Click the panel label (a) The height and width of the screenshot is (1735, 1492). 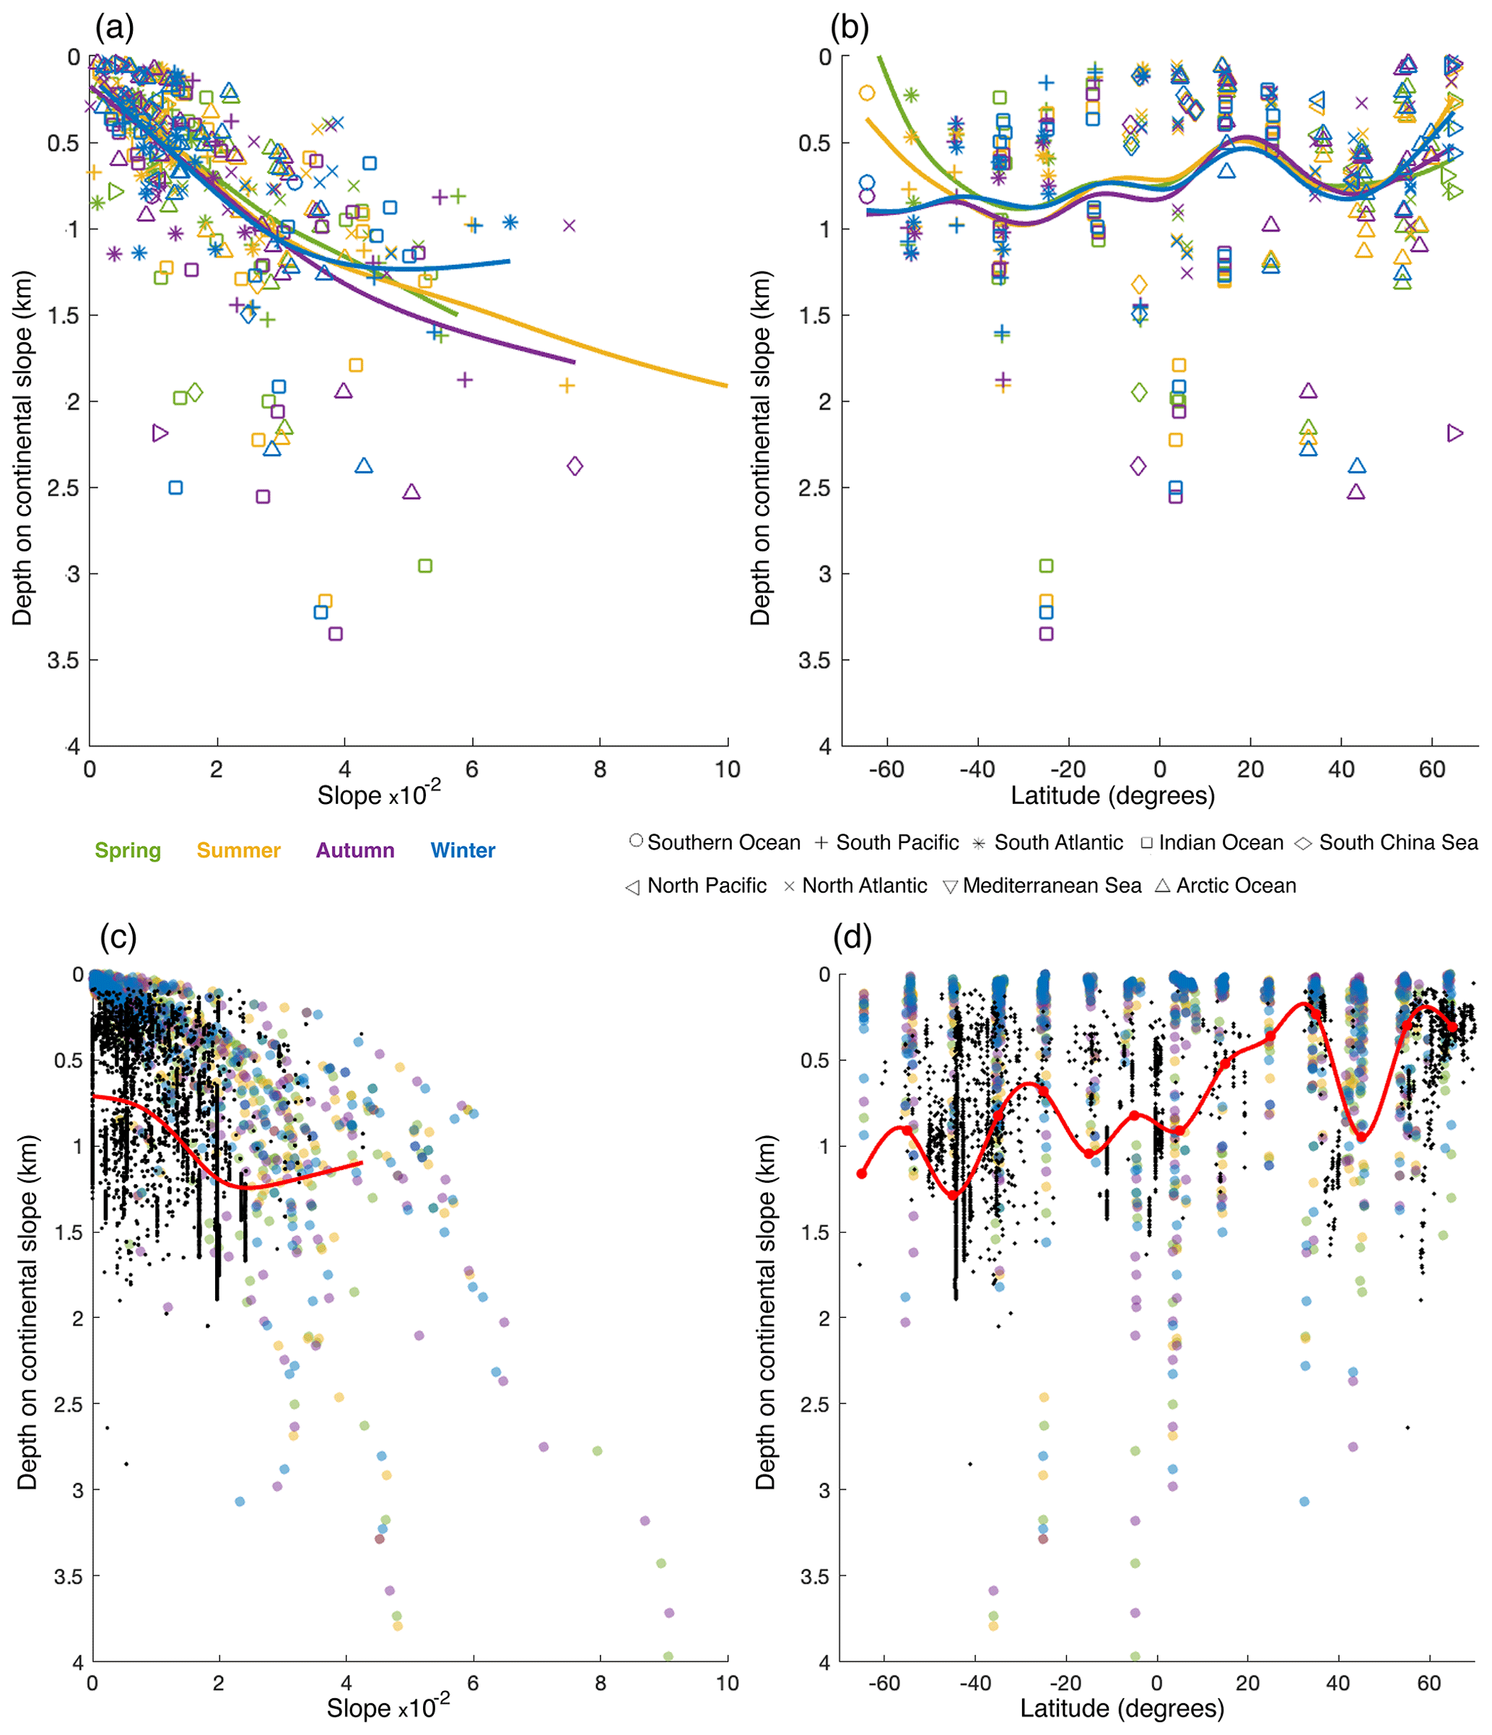tap(115, 28)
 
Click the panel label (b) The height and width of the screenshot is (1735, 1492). tap(849, 28)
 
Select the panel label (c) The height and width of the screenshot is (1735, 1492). tap(118, 937)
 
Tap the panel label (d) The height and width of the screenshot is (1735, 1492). tap(852, 937)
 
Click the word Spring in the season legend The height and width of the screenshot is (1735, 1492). tap(127, 851)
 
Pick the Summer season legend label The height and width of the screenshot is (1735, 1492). tap(239, 851)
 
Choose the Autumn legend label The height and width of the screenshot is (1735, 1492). tap(355, 851)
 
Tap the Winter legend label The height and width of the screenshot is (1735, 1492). tap(463, 851)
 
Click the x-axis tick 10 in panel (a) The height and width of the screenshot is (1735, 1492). tap(728, 769)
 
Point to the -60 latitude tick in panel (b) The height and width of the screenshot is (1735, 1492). tap(886, 769)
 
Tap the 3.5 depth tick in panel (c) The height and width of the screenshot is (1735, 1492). tap(69, 1578)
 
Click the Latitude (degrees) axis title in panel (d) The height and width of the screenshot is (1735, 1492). tap(1122, 1708)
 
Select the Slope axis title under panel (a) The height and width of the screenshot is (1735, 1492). tap(378, 795)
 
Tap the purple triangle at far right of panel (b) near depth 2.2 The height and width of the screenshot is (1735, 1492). tap(1455, 433)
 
